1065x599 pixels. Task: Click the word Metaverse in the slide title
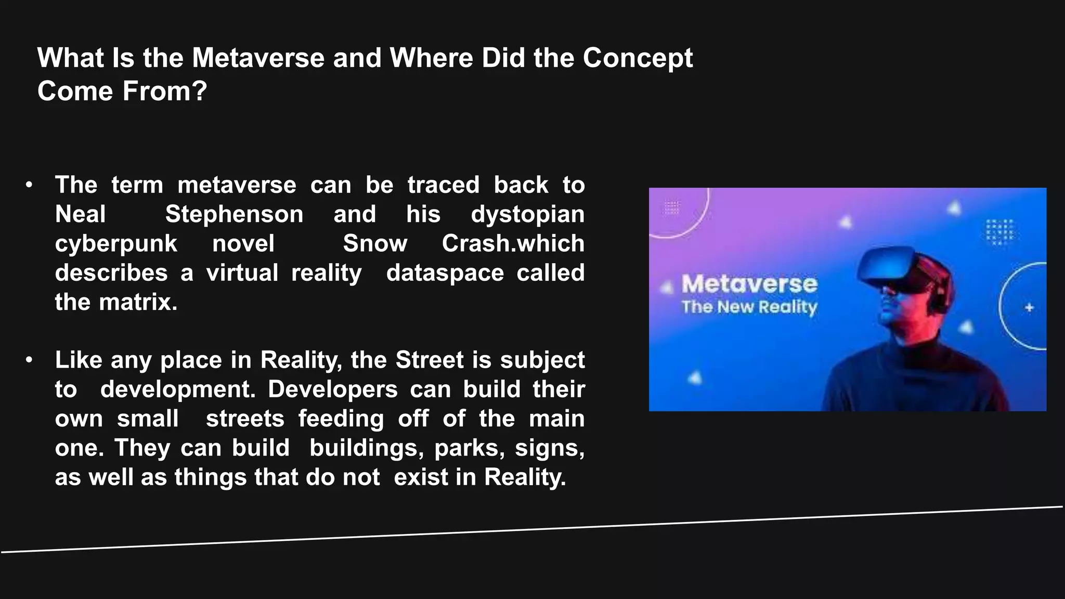click(x=258, y=58)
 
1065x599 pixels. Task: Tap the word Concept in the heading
click(x=638, y=59)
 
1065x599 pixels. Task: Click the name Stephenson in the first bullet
click(x=234, y=214)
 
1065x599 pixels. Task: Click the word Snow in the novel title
click(x=375, y=244)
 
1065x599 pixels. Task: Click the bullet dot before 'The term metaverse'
click(x=29, y=185)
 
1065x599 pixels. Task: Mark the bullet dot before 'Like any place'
click(x=29, y=360)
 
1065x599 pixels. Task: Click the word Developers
click(x=333, y=389)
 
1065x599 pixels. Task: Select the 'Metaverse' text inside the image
click(x=749, y=284)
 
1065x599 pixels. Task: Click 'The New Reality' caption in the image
click(x=749, y=307)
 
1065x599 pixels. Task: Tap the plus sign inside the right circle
click(x=1029, y=308)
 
